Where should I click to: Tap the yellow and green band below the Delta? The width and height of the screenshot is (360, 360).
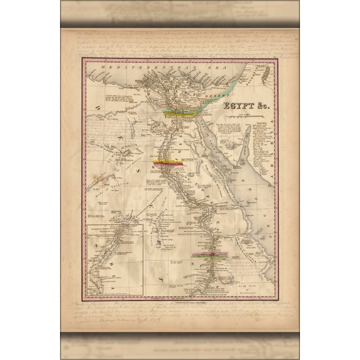[181, 114]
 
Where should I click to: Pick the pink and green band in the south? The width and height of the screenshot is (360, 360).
[211, 255]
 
